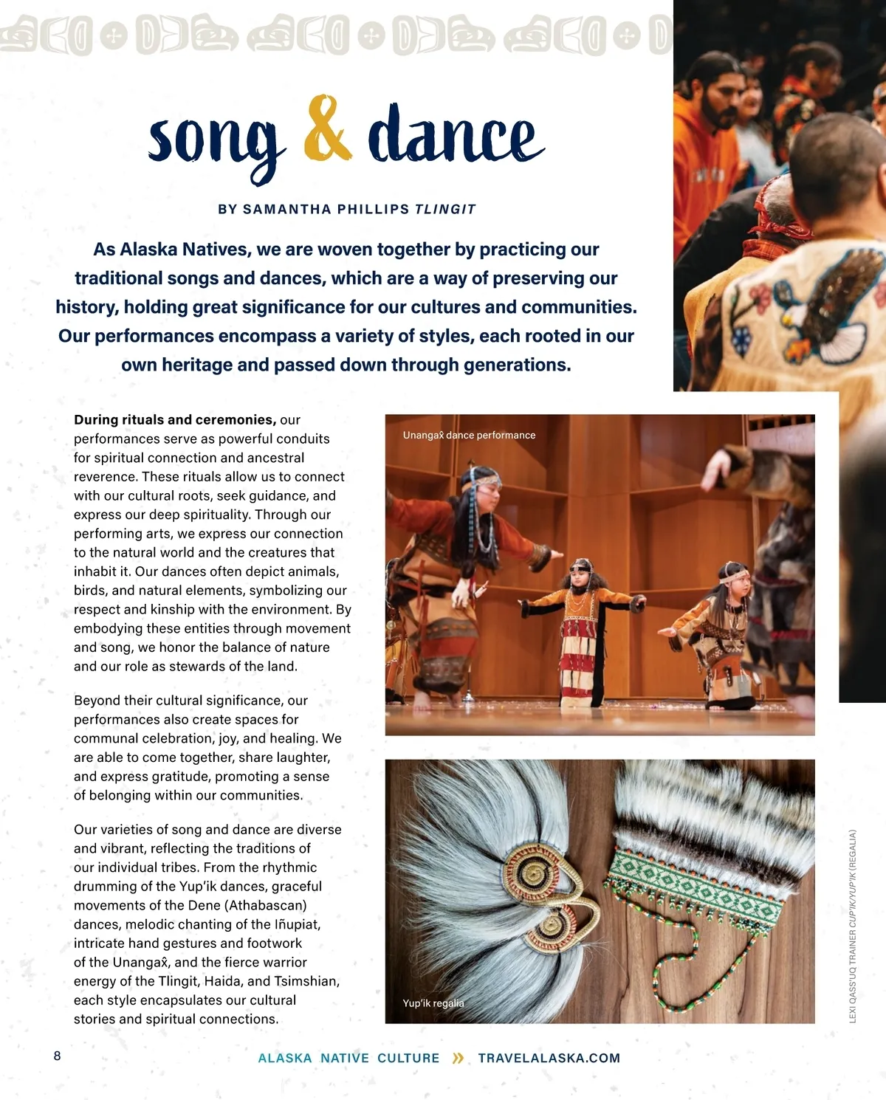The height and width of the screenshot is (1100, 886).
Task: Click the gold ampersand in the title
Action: (328, 129)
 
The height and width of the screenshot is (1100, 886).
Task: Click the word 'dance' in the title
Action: (456, 135)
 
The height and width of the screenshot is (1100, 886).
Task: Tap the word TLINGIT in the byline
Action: (445, 209)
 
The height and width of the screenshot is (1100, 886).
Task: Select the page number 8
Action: (58, 1056)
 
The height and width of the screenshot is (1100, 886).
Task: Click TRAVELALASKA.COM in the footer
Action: (549, 1058)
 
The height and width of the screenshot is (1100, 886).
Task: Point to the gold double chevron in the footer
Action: (459, 1058)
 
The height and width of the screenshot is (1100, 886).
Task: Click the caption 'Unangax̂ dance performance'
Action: (469, 435)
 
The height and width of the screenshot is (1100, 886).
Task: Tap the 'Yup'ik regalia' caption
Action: (433, 1003)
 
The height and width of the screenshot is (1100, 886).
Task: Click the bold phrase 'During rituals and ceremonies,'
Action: (175, 419)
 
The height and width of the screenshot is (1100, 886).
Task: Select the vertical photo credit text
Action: (853, 927)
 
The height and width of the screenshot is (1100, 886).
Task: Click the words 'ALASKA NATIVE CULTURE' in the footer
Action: (348, 1058)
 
